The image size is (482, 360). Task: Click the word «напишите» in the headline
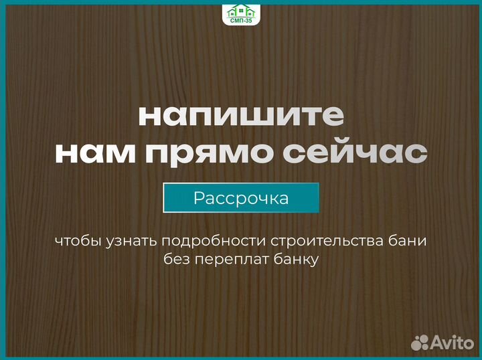coord(241,116)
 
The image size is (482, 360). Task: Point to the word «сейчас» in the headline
coord(361,153)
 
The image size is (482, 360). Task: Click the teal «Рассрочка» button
coord(241,198)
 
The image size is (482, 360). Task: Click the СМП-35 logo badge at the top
coord(240,13)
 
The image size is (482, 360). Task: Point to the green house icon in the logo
coord(240,9)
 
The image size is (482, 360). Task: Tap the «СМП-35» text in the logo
coord(240,20)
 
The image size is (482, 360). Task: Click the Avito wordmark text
coord(454,342)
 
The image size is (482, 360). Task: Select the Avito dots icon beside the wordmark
coord(420,342)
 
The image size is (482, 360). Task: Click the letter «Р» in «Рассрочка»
coord(199,198)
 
